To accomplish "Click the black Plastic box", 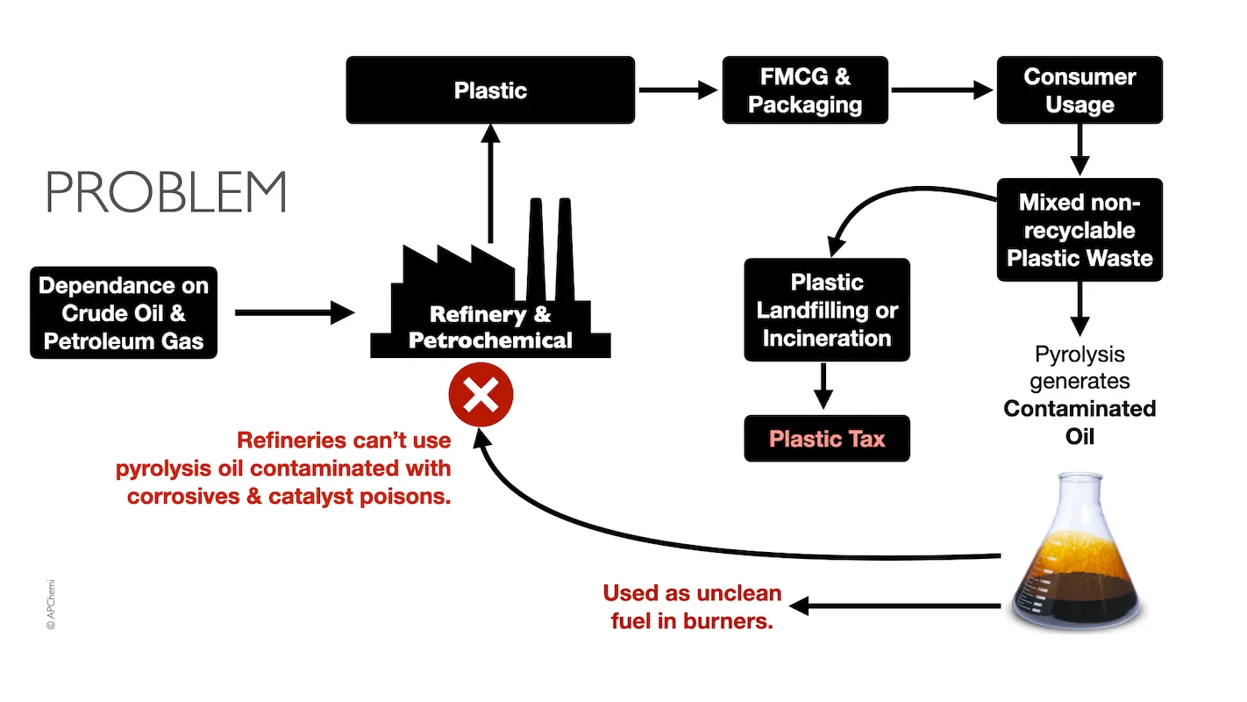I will coord(489,90).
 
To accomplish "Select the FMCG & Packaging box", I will coord(804,90).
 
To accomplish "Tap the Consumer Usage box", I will coord(1080,90).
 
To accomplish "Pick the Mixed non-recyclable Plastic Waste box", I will coord(1080,230).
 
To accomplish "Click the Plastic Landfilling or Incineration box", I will coord(826,310).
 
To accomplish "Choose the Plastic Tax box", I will coord(826,439).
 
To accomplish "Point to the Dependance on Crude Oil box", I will coord(124,313).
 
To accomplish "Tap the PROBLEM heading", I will coord(167,192).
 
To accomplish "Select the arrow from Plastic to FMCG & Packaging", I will coord(677,90).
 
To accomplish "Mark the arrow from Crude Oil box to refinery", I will coord(293,312).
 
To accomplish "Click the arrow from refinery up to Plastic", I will coord(490,184).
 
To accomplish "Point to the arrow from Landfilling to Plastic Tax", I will coord(823,387).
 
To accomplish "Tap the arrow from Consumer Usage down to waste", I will coord(1080,150).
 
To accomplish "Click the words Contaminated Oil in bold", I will coord(1080,422).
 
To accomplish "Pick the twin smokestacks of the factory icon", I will coord(550,250).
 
